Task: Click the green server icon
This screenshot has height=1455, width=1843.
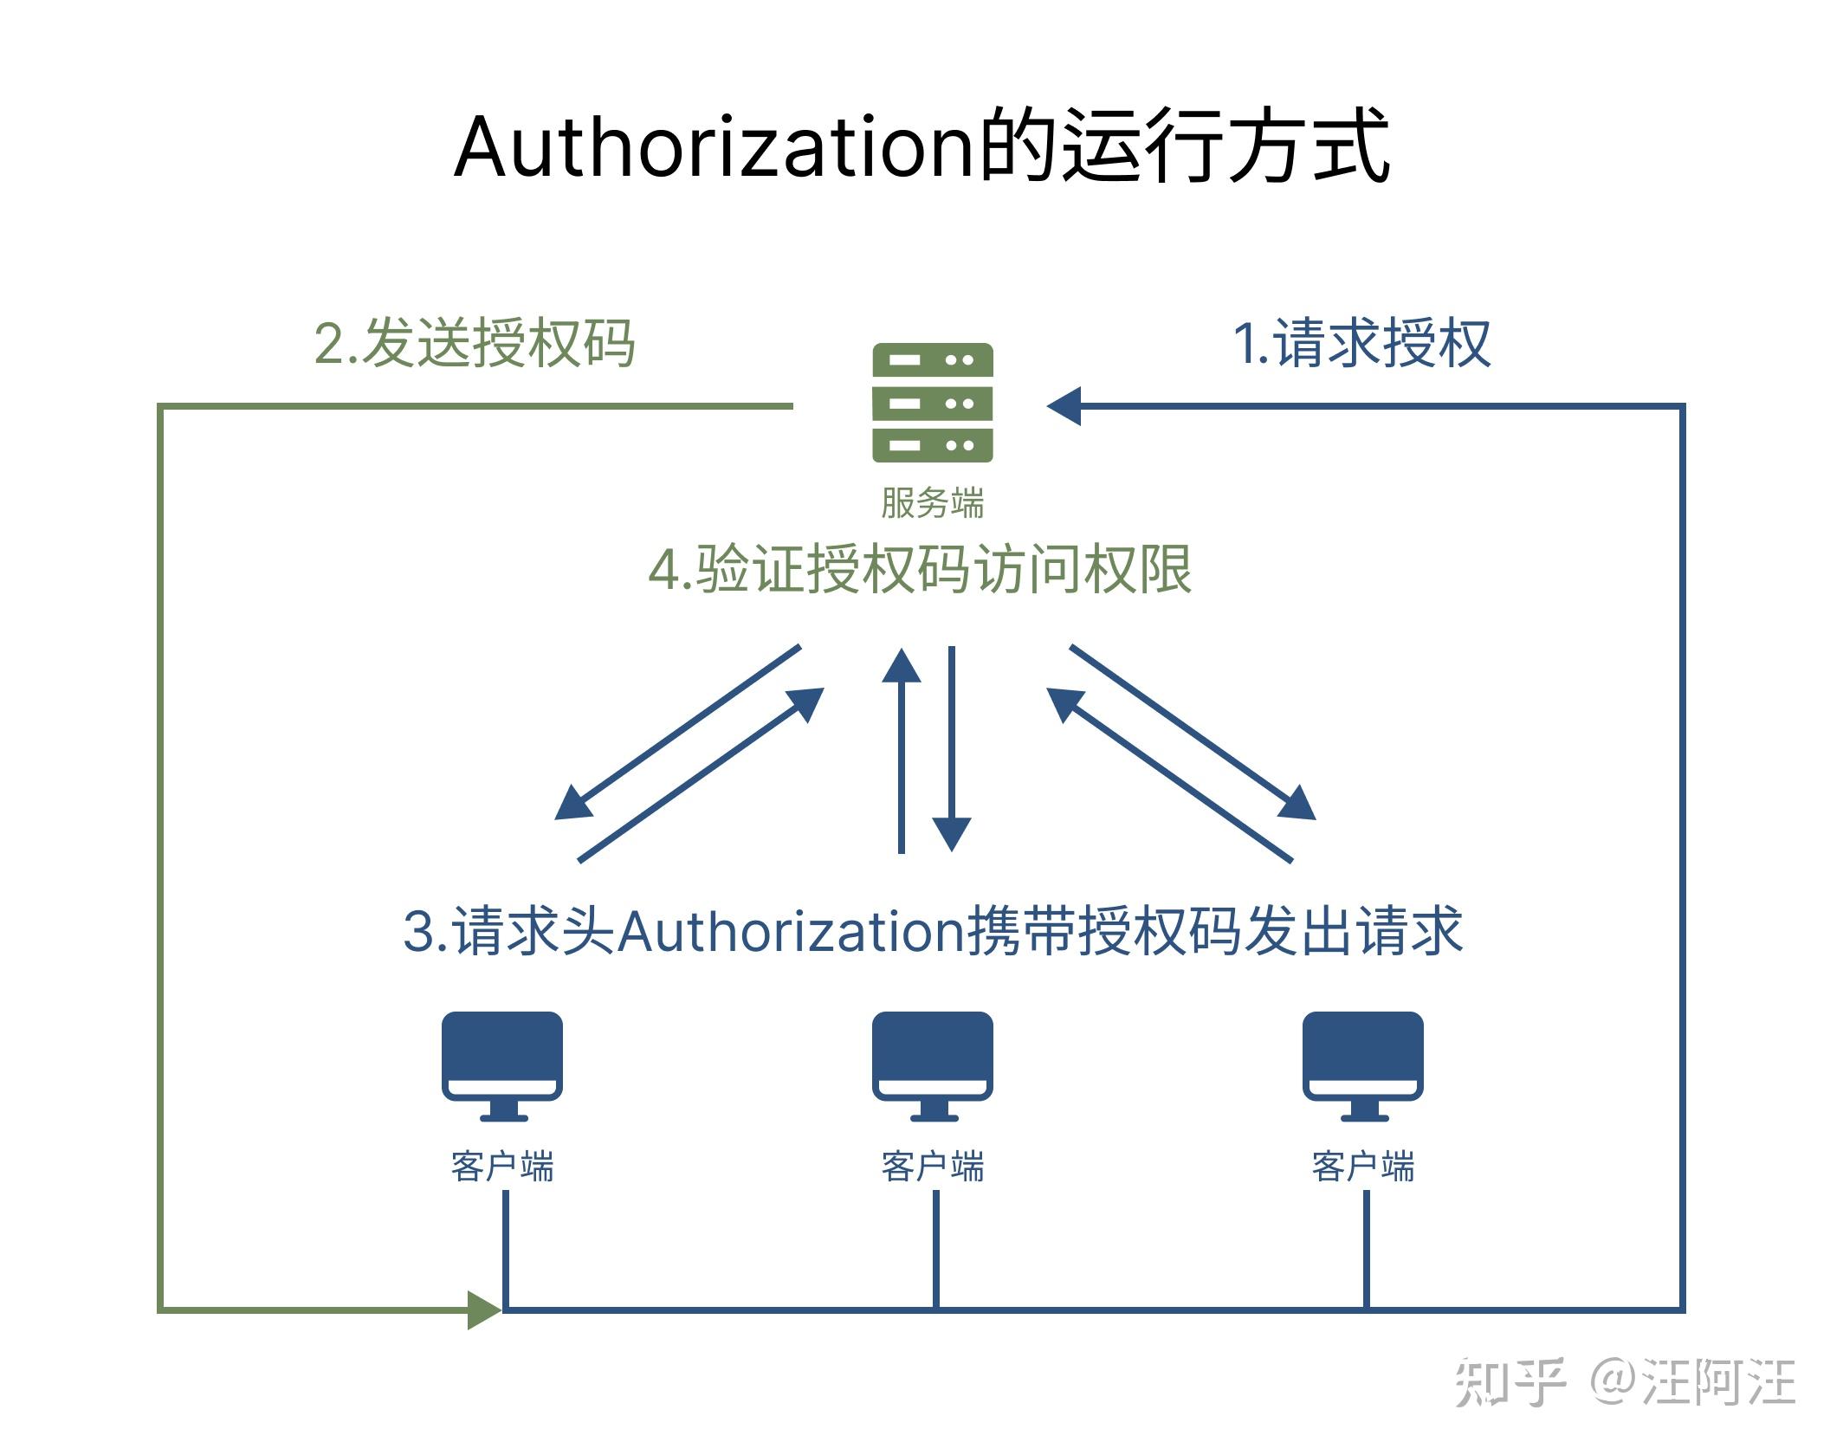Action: [932, 403]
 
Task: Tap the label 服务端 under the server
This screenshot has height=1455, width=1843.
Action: [932, 503]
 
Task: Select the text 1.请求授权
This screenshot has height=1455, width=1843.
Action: [1361, 344]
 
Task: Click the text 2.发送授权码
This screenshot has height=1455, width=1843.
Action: [475, 344]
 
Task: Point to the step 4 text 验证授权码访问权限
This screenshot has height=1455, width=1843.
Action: [920, 570]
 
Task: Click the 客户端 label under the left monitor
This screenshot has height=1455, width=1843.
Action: [502, 1167]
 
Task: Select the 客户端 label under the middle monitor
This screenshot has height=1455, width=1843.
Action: [932, 1167]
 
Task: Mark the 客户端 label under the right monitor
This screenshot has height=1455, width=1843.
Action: [1362, 1167]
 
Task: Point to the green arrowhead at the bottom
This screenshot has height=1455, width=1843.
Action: [483, 1309]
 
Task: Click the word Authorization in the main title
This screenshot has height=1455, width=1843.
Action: [715, 147]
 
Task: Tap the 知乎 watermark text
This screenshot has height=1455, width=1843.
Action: [1510, 1383]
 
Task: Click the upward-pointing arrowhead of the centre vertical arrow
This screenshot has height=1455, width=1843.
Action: [902, 667]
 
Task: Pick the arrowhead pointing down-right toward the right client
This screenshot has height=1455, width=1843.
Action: [1298, 803]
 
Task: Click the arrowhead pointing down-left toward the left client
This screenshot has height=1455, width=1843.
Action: [572, 804]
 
